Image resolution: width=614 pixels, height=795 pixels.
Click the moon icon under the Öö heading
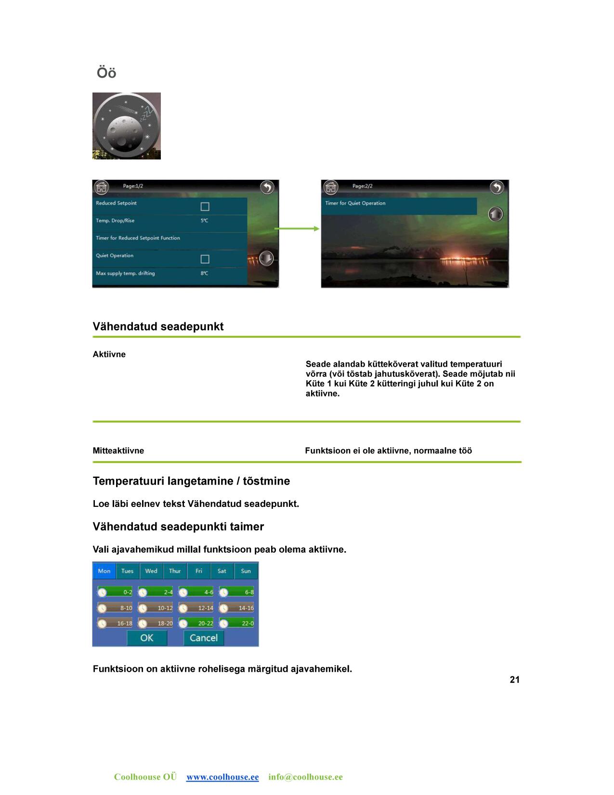[x=126, y=126]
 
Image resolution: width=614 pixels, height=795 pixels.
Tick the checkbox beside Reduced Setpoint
[x=205, y=207]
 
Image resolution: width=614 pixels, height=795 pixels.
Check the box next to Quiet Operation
[x=205, y=259]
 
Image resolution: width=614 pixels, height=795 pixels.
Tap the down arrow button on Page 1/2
[x=266, y=258]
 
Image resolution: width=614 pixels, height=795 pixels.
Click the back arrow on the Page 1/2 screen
[x=267, y=187]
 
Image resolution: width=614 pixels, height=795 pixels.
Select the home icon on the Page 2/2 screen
[x=331, y=187]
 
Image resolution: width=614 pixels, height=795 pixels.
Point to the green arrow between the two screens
[x=297, y=228]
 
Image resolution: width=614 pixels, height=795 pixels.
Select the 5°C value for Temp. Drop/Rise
[x=205, y=221]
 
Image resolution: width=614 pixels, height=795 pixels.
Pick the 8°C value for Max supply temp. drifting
[x=205, y=273]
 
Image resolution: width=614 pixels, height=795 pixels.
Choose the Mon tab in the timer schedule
[x=104, y=571]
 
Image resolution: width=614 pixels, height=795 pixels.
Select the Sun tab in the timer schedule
[x=246, y=571]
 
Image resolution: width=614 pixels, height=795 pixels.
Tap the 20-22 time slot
[x=196, y=623]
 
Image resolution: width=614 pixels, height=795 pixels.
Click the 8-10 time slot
[x=115, y=608]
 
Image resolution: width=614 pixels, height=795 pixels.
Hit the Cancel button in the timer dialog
[x=204, y=638]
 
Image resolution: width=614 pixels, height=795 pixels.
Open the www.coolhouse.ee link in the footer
[x=222, y=777]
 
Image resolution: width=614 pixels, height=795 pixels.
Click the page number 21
[x=514, y=680]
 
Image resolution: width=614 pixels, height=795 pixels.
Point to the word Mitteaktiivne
[x=118, y=451]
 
